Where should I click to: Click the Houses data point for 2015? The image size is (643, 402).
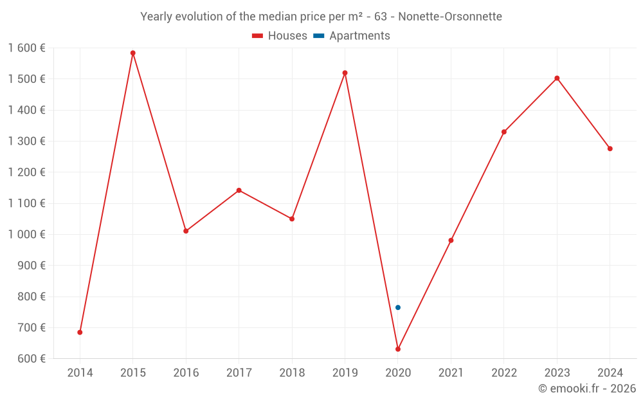click(x=133, y=53)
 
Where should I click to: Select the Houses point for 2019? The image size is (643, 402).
click(x=345, y=73)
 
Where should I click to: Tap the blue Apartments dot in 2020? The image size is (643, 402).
click(x=398, y=307)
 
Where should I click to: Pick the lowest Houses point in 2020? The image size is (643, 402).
click(x=398, y=349)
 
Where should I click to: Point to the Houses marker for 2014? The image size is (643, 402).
click(x=80, y=333)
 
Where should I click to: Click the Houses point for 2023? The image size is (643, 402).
click(x=557, y=78)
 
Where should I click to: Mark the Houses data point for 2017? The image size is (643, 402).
click(x=239, y=190)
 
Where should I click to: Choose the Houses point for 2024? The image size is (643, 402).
click(x=610, y=149)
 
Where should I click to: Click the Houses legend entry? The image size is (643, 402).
click(x=280, y=36)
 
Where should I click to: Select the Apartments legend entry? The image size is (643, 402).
click(x=352, y=36)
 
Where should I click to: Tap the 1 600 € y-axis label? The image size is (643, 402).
click(x=27, y=48)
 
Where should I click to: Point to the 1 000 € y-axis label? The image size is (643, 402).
click(x=27, y=234)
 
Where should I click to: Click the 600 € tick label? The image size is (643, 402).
click(x=32, y=358)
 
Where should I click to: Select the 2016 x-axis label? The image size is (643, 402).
click(x=186, y=373)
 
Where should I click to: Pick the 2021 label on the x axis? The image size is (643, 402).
click(x=451, y=373)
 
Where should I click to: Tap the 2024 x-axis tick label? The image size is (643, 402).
click(x=610, y=373)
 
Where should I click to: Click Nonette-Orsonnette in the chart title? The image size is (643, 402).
click(x=453, y=16)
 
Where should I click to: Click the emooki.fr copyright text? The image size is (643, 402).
click(x=586, y=388)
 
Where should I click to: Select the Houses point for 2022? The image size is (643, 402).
click(x=504, y=132)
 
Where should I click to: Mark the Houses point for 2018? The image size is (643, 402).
click(x=292, y=219)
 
